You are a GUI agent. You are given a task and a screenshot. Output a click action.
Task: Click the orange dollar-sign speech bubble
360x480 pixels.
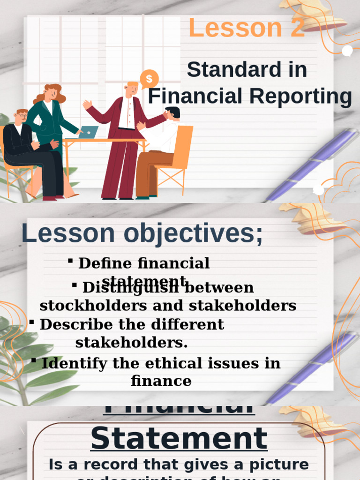click(x=149, y=79)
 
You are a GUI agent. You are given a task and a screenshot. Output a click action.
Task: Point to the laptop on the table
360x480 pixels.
click(x=89, y=132)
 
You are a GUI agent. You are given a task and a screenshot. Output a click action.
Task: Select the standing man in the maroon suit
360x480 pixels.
click(x=123, y=141)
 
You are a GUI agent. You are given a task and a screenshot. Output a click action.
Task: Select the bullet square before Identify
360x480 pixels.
click(x=34, y=360)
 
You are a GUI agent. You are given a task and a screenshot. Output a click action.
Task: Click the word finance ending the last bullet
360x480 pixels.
click(x=161, y=381)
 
